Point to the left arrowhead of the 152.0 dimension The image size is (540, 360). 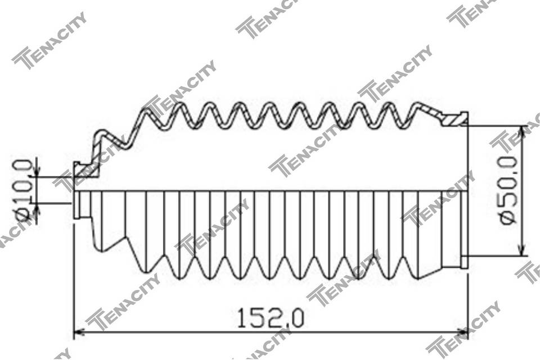pos(79,332)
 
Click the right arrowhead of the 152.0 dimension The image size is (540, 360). pos(462,332)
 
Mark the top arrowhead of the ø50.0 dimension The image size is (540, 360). pos(523,132)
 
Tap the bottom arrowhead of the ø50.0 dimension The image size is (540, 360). pos(523,250)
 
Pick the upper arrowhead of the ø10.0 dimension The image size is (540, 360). pos(38,171)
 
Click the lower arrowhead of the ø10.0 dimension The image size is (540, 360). pos(38,209)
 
